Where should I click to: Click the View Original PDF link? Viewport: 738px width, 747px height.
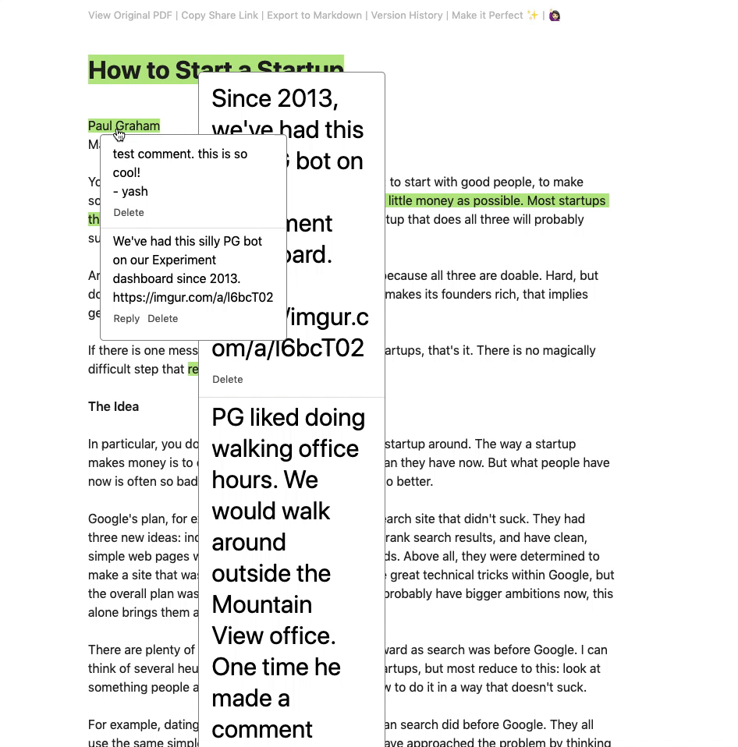tap(131, 15)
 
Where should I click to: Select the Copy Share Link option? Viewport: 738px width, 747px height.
tap(219, 15)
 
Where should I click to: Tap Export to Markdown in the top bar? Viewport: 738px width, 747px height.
tap(314, 15)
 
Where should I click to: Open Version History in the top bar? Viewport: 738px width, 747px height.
tap(406, 15)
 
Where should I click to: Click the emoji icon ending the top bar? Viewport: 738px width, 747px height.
tap(555, 15)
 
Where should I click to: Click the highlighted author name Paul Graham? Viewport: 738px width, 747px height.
tap(123, 126)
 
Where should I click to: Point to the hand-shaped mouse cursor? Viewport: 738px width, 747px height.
tap(119, 136)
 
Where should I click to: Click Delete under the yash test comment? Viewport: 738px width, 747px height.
tap(129, 212)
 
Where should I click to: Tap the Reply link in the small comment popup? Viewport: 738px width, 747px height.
tap(126, 318)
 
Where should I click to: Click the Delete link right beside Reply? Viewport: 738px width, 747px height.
tap(163, 318)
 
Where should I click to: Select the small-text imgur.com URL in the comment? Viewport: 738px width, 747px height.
tap(193, 297)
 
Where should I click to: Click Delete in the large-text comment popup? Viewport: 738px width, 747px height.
tap(228, 379)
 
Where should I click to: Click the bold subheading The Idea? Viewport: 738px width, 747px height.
tap(113, 406)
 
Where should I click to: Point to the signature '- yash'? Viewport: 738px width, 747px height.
tap(130, 191)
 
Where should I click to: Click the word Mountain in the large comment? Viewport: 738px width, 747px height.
tap(261, 604)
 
